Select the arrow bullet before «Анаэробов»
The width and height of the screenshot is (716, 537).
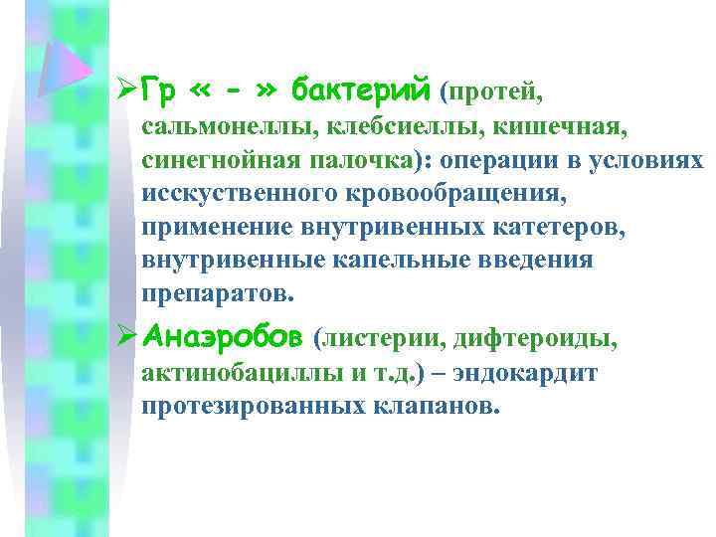[x=124, y=339]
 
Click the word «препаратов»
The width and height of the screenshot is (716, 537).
[x=218, y=295]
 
